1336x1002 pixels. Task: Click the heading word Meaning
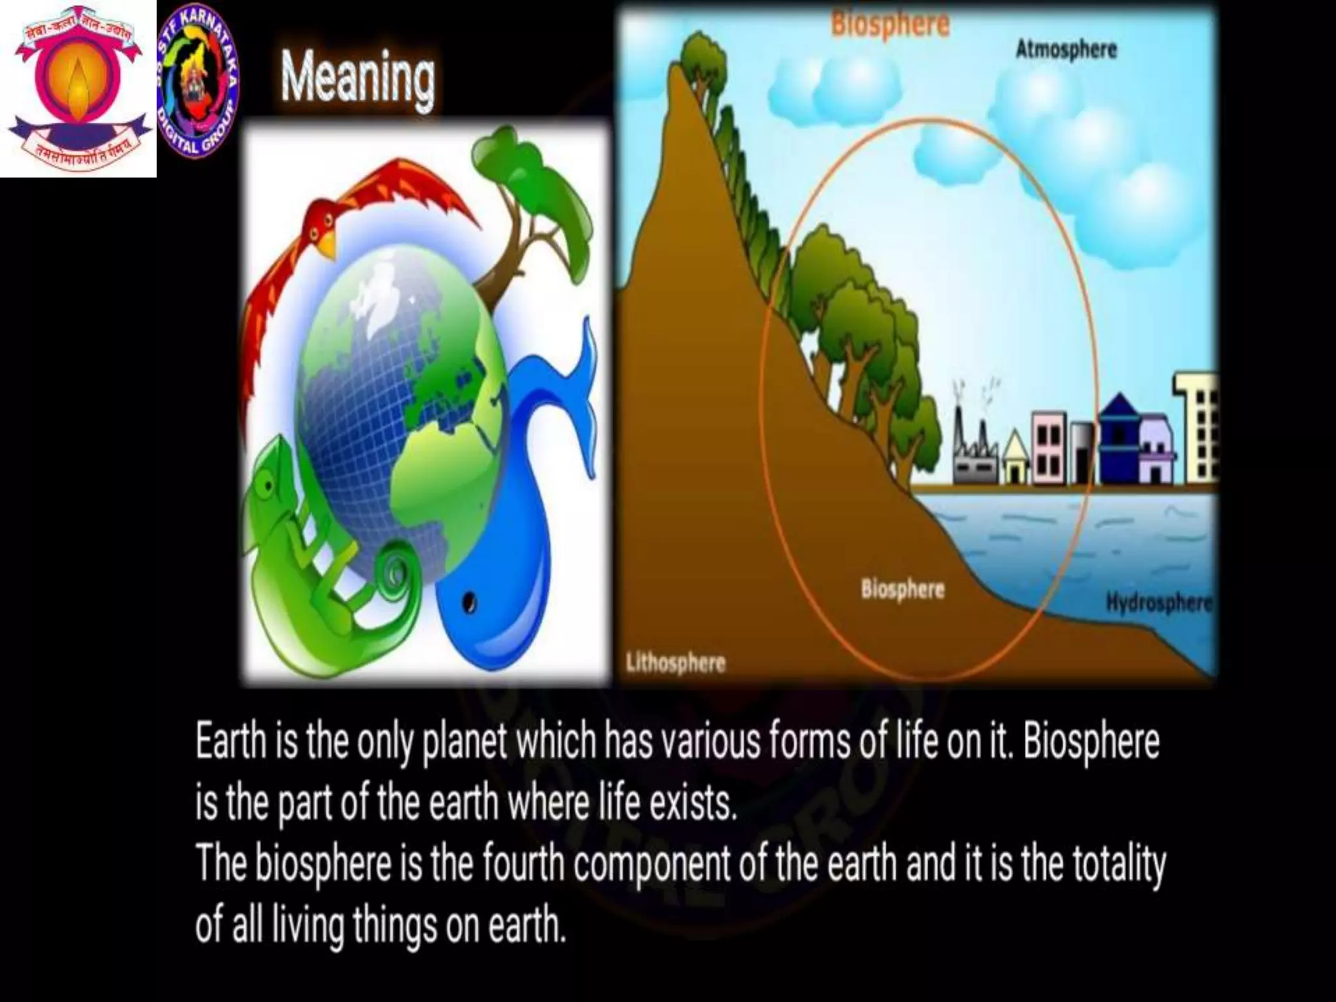click(x=357, y=79)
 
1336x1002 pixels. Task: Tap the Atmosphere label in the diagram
click(x=1066, y=50)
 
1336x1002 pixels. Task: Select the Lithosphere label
click(x=675, y=663)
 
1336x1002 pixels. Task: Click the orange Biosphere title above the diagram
click(x=890, y=25)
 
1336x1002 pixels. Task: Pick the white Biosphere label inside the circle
click(x=902, y=589)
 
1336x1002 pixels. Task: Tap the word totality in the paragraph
click(x=1118, y=864)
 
